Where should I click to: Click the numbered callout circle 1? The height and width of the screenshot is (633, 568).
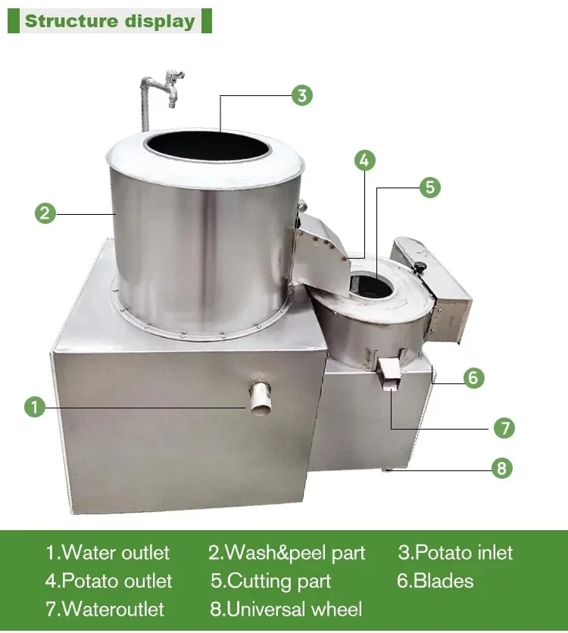tap(35, 407)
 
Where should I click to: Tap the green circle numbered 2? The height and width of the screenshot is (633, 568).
tap(45, 213)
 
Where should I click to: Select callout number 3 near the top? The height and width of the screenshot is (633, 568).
tap(302, 95)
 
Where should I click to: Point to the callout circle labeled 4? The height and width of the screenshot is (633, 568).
tap(364, 160)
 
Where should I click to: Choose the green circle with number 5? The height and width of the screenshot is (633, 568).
tap(429, 188)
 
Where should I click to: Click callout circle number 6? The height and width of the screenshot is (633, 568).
tap(473, 378)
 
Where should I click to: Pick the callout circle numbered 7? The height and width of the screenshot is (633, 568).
tap(504, 428)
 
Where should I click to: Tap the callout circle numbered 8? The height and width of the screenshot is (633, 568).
tap(501, 468)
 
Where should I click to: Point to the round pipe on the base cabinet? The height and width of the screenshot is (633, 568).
tap(260, 397)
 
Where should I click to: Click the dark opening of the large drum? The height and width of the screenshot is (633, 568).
tap(208, 145)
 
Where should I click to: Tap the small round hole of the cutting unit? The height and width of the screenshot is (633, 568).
tap(372, 286)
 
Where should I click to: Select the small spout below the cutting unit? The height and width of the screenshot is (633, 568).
tap(390, 375)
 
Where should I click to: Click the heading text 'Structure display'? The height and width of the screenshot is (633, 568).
tap(110, 21)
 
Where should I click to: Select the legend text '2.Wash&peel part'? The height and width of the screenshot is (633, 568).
tap(286, 553)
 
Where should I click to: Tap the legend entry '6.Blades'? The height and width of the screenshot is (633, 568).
tap(435, 581)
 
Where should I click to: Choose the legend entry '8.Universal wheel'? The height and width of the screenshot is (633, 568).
tap(286, 610)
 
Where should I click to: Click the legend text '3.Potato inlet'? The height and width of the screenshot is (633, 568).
tap(455, 553)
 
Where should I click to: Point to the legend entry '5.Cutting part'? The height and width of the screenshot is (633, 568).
tap(271, 582)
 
